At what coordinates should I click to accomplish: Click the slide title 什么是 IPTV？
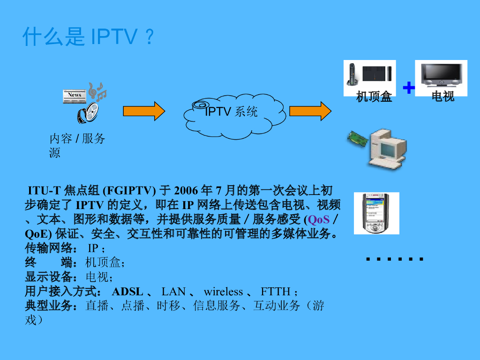coord(88,37)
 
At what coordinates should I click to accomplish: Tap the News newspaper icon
coord(75,95)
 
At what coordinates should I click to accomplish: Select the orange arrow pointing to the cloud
coord(144,111)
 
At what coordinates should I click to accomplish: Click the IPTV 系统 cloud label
coord(232,112)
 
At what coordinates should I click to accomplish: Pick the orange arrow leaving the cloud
coord(310,111)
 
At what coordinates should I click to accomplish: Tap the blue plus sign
coord(409,87)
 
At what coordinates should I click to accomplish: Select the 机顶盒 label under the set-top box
coord(374,97)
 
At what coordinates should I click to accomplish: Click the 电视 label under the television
coord(443,97)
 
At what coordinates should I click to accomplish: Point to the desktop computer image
coord(386,149)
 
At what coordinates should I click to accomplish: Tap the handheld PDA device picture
coord(375,213)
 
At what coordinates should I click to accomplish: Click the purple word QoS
coord(319,220)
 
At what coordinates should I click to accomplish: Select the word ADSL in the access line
coord(127,292)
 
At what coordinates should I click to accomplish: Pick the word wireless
coord(223,292)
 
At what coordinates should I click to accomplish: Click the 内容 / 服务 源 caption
coord(77,145)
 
